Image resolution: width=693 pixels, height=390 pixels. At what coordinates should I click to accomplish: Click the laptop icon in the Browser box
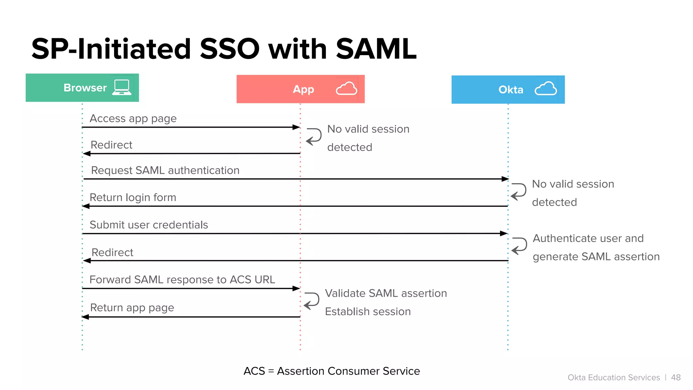pos(122,87)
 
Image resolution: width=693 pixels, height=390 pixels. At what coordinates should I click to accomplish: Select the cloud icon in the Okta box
pos(546,89)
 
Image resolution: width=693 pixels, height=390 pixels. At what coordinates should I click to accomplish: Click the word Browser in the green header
pos(85,88)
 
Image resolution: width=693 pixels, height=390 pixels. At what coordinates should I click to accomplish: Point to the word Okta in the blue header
pos(511,90)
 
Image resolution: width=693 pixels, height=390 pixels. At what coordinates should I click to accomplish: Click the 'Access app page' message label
pos(133,118)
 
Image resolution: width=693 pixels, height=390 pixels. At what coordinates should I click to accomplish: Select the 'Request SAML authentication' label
pos(165,170)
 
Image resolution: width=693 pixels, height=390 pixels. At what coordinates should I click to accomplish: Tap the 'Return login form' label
pos(133,197)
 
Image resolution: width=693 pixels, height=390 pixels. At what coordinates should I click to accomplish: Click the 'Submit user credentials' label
pos(149,225)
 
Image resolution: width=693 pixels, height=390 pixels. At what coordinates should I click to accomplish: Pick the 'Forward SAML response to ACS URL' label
pos(182,280)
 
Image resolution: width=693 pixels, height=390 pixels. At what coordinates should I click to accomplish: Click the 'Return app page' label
pos(132,308)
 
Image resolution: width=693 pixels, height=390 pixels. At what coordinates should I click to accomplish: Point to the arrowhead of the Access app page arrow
pos(296,127)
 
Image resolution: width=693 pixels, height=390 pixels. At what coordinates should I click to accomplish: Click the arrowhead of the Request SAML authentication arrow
pos(505,179)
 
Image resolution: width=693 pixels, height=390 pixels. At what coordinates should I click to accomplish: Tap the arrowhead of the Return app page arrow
pos(86,317)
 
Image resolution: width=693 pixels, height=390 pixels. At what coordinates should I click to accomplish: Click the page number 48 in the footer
pos(676,377)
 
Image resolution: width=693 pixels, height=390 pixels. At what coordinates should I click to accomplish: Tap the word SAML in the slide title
pos(376,49)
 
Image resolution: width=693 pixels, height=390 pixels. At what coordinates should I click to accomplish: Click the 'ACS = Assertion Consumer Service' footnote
pos(332,371)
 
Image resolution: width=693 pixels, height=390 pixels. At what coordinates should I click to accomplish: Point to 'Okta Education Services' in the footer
pos(614,377)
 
